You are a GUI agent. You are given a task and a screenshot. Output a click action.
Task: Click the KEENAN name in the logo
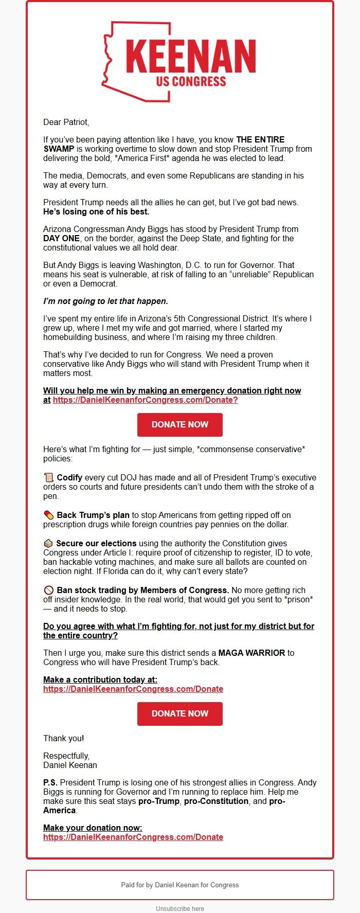(191, 56)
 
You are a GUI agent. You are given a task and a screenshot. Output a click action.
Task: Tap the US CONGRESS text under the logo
(191, 81)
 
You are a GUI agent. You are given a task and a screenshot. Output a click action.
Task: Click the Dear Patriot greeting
(66, 122)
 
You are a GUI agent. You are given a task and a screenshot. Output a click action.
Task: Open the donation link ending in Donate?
(145, 400)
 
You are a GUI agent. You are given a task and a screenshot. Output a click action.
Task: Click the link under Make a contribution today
(133, 689)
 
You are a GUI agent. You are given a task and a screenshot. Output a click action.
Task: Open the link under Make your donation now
(133, 837)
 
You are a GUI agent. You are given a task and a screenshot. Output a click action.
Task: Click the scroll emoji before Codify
(49, 477)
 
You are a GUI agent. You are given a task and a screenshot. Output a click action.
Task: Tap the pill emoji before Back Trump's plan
(49, 515)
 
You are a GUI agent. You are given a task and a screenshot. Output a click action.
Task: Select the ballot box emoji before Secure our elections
(48, 543)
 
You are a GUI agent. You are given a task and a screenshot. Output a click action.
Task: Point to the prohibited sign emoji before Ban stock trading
(49, 590)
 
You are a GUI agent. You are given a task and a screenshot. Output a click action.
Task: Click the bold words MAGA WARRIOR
(251, 653)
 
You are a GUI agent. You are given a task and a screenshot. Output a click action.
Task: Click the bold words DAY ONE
(61, 238)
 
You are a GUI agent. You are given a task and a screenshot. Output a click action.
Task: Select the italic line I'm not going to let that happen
(105, 301)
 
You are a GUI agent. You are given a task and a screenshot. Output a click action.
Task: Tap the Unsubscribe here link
(180, 908)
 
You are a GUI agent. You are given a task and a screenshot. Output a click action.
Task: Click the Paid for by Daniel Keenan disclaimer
(180, 885)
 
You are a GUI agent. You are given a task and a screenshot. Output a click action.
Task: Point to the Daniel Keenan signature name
(70, 765)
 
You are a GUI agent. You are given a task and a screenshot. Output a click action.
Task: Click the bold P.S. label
(50, 782)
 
